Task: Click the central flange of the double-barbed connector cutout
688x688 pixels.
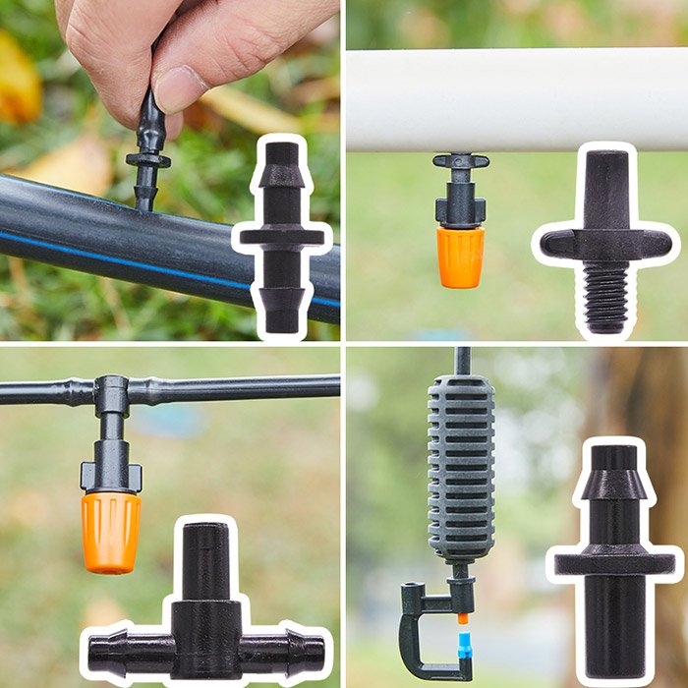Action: (x=282, y=236)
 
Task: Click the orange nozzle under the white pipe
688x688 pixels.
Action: (x=460, y=257)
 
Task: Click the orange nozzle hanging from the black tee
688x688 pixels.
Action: (x=110, y=531)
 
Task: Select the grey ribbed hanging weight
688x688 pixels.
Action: (x=460, y=467)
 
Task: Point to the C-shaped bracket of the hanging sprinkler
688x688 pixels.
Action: (x=418, y=634)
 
